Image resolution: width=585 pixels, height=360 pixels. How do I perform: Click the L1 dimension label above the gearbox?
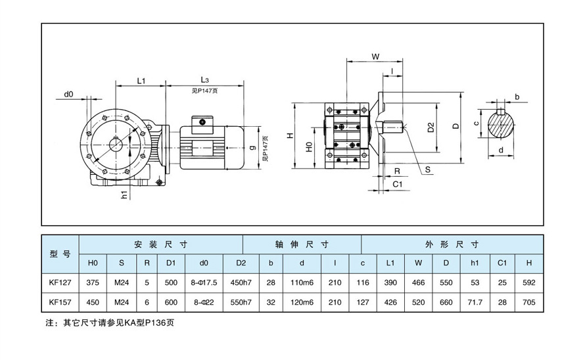point(141,80)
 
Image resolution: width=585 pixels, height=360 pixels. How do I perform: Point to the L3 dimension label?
point(204,79)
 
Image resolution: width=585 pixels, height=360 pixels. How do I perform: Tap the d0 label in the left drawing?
point(69,95)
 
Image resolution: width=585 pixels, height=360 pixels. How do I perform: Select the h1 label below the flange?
point(124,194)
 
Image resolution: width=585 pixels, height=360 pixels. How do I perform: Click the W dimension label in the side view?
point(375,57)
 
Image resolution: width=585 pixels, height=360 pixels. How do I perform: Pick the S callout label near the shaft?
point(428,169)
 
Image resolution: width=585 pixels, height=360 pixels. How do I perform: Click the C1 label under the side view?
point(397,185)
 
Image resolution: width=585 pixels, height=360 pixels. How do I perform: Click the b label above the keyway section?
point(517,97)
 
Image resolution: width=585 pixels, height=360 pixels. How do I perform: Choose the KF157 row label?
point(60,303)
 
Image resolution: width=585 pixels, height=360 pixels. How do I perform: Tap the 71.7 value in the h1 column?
point(475,303)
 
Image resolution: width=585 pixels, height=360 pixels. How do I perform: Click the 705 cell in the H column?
point(529,303)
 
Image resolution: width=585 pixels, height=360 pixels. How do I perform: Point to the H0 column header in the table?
point(93,263)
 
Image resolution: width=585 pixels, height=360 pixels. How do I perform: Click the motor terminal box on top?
point(201,122)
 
